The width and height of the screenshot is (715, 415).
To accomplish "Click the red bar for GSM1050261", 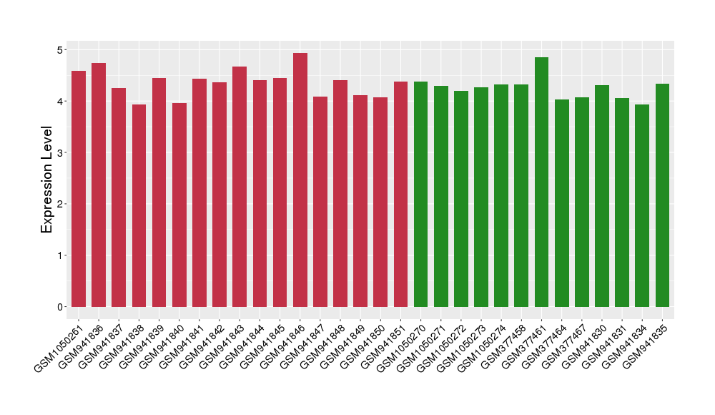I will (x=79, y=189).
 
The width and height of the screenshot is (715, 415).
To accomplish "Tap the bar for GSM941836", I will (x=99, y=185).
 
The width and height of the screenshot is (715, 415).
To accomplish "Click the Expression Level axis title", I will (x=47, y=179).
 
